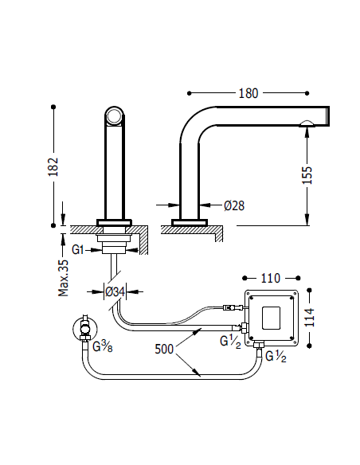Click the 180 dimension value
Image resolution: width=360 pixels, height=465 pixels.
[x=248, y=93]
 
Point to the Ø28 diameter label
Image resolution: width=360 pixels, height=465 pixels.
[x=234, y=205]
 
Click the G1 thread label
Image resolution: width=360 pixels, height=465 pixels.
[x=77, y=249]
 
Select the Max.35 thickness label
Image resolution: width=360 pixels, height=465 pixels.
[x=64, y=276]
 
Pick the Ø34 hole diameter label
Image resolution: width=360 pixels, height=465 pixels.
[x=117, y=291]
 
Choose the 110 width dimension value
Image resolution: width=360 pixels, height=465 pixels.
[x=271, y=279]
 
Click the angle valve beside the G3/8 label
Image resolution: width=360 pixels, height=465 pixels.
[x=82, y=328]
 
